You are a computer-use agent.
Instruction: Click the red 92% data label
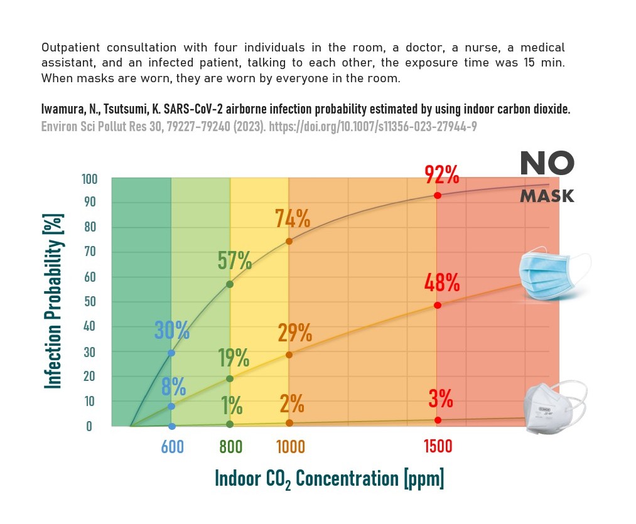click(441, 174)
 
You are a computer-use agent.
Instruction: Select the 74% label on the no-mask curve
click(293, 218)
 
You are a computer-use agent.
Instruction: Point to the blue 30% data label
click(172, 329)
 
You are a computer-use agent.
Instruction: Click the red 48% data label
click(442, 283)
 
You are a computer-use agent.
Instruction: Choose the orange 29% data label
click(294, 333)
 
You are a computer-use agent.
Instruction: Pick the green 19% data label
click(234, 358)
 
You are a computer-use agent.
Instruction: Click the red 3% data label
click(441, 398)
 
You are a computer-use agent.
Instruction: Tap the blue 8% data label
click(173, 387)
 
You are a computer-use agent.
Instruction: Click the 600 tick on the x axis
click(173, 447)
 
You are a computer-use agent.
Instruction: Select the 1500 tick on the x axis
click(438, 447)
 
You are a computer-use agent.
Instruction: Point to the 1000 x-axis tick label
click(291, 447)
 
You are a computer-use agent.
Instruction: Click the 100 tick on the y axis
click(90, 179)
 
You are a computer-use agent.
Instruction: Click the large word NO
click(546, 164)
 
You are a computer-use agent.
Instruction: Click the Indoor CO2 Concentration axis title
click(329, 479)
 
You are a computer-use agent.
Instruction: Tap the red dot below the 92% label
click(437, 195)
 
